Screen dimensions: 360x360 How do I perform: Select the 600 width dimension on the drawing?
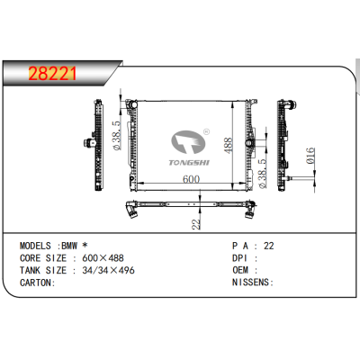(191, 180)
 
